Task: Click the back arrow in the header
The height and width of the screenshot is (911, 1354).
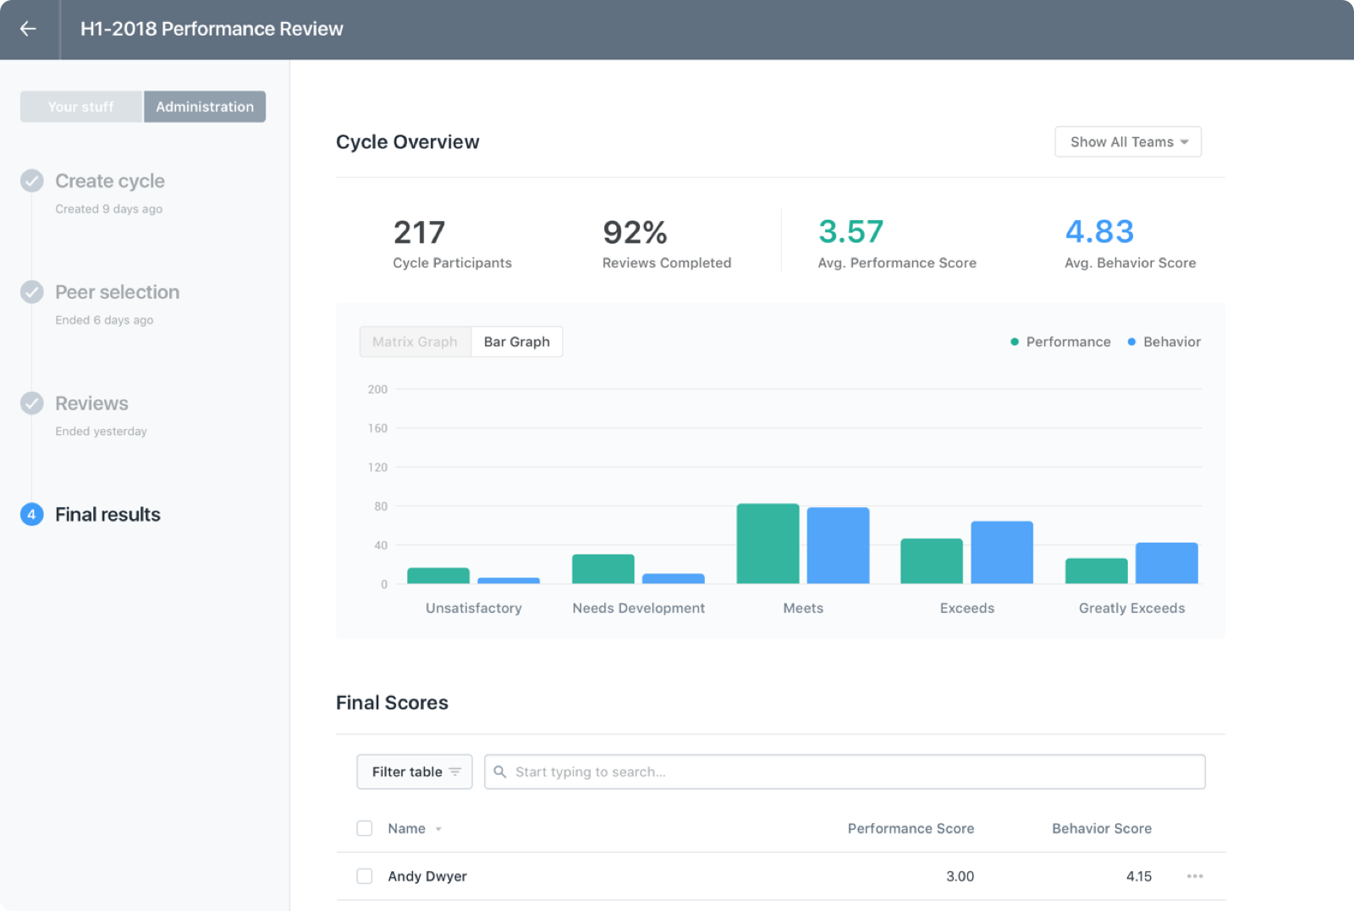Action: (28, 29)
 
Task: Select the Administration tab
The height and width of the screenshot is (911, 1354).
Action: (205, 107)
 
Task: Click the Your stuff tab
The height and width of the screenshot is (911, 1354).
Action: (81, 107)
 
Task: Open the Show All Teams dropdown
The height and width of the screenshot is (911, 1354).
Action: (1127, 142)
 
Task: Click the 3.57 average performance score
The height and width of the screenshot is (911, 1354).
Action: (850, 232)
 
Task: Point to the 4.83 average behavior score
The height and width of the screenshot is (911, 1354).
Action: (1098, 232)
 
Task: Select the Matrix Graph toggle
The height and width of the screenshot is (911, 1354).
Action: (415, 342)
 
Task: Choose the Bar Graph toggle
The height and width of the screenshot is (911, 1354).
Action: (516, 342)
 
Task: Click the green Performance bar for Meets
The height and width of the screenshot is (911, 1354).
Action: (768, 544)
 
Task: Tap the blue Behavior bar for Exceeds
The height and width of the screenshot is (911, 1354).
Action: (1001, 552)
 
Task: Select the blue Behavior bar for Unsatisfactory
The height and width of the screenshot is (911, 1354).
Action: (509, 581)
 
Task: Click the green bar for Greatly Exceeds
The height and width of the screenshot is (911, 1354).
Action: (1096, 571)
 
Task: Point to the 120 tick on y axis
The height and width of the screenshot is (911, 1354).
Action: (377, 467)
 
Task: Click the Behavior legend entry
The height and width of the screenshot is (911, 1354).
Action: (1164, 342)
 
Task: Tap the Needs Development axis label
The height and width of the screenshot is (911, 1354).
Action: (638, 608)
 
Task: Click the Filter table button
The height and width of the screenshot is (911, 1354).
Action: (415, 772)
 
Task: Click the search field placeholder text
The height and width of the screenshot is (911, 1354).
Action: (590, 772)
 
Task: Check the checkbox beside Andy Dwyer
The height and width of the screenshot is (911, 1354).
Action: (365, 876)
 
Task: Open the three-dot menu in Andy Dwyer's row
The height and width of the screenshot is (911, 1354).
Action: (1194, 876)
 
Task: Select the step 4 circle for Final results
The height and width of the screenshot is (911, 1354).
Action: (32, 515)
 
